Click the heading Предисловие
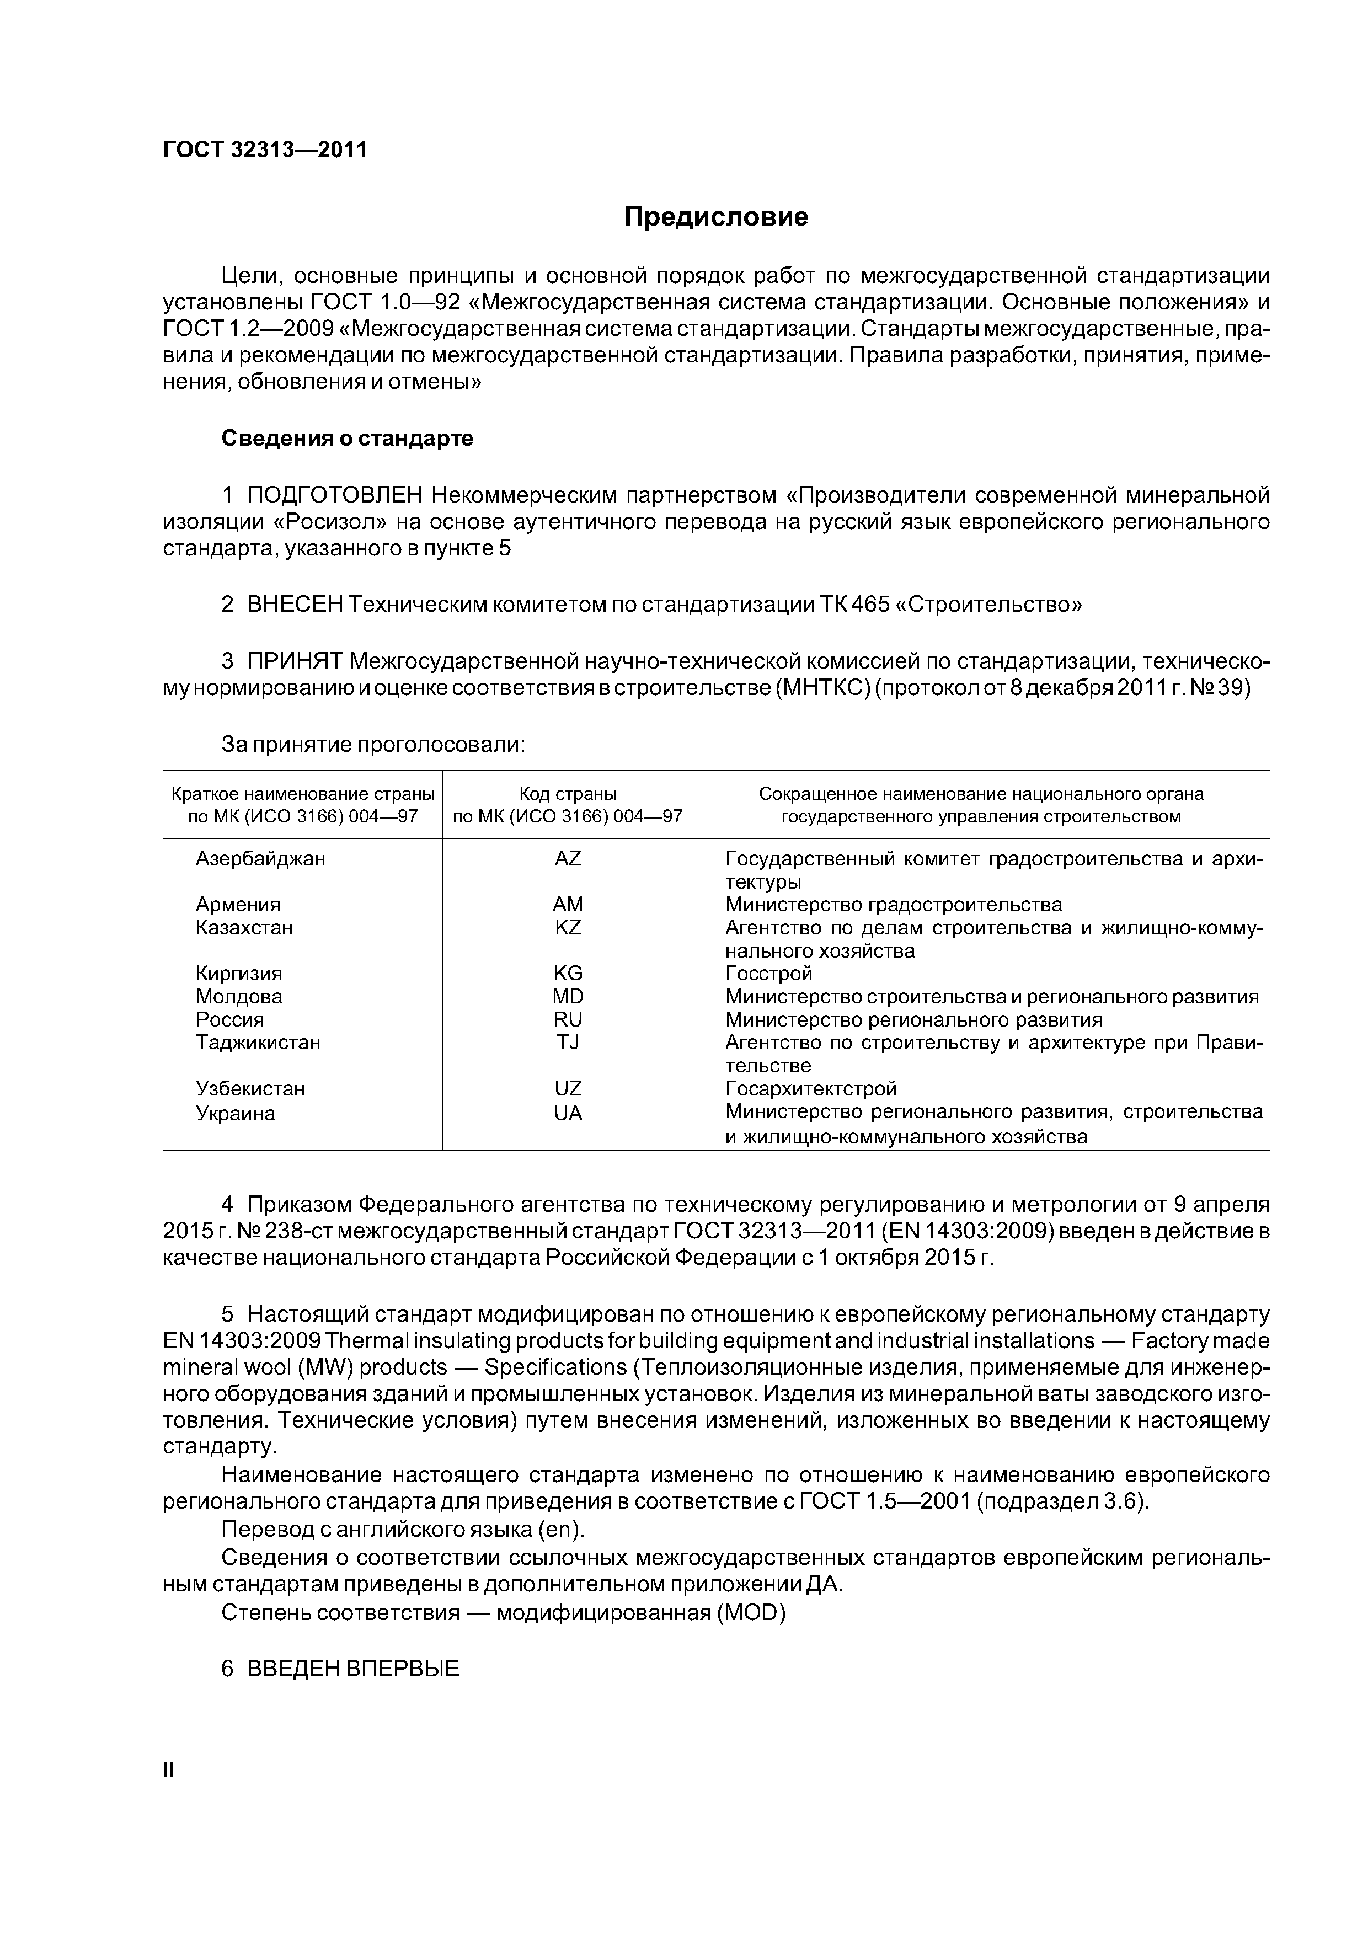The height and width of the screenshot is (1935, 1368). pos(715,217)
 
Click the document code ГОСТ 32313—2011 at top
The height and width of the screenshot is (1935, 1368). pos(265,150)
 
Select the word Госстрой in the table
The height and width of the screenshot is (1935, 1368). pos(769,974)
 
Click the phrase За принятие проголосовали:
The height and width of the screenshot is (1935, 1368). pos(372,744)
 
